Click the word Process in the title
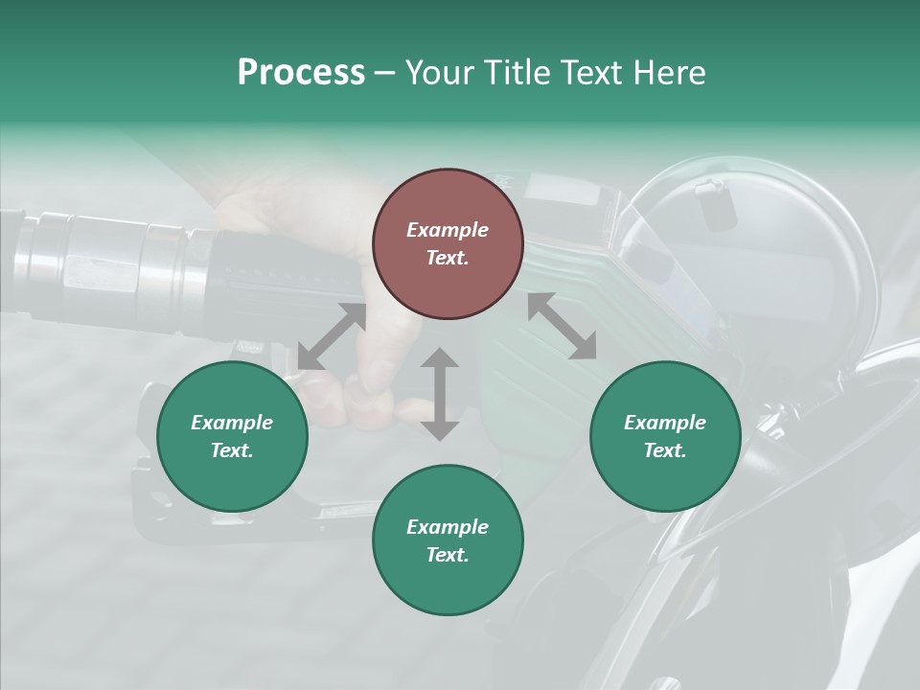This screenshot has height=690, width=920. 301,73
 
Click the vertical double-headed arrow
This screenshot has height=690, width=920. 440,394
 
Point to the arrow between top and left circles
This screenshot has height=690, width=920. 332,337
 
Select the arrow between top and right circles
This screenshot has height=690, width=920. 562,326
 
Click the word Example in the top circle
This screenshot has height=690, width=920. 448,230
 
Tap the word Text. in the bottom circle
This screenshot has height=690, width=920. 448,555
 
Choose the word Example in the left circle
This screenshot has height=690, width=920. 232,423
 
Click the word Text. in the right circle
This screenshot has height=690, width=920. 665,450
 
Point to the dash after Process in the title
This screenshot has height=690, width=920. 384,73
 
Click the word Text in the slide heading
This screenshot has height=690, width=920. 589,73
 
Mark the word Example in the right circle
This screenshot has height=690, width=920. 665,423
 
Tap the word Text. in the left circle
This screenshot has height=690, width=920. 232,450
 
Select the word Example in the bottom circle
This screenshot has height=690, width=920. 448,527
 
